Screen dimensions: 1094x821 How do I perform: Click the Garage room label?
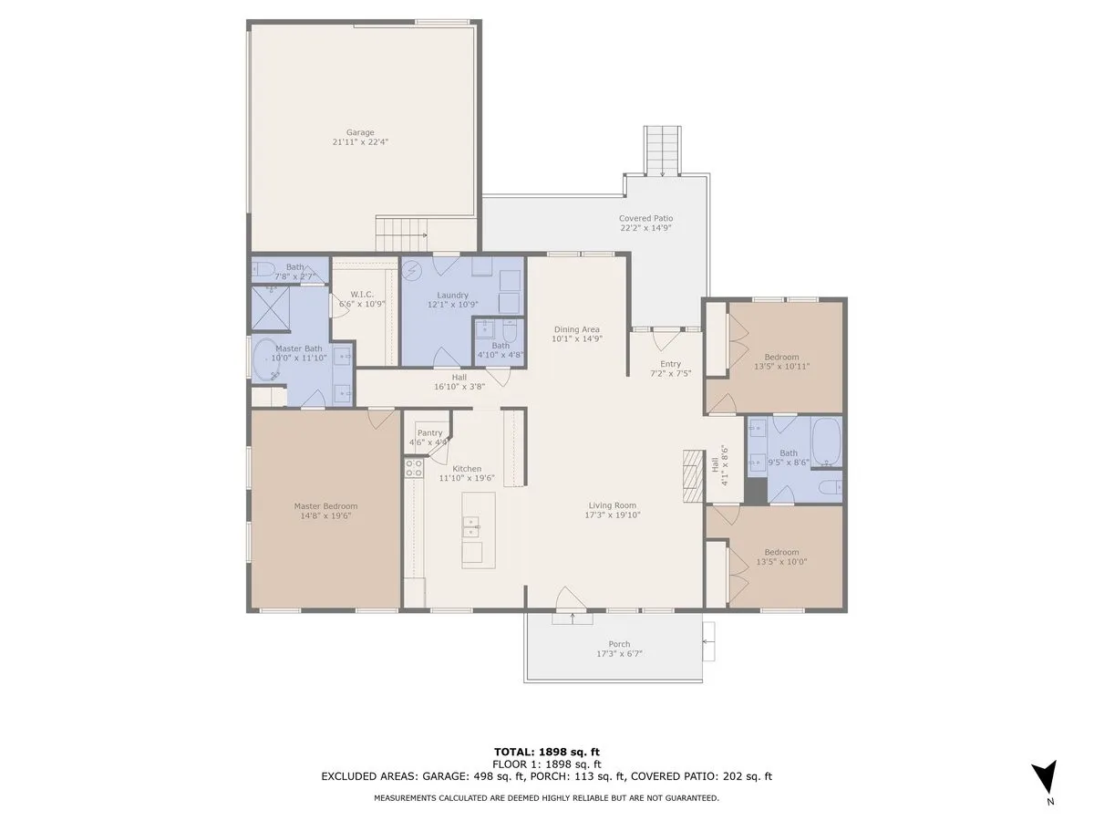click(360, 132)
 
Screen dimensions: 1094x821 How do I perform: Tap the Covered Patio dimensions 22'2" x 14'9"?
click(645, 228)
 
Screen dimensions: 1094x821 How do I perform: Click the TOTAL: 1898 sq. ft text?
click(547, 752)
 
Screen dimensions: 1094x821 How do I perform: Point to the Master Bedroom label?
click(325, 506)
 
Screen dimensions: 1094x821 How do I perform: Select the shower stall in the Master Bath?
click(271, 308)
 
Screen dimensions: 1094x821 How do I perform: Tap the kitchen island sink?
click(471, 527)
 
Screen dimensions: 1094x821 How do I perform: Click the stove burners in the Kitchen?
click(414, 469)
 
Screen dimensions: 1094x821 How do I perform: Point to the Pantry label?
click(429, 433)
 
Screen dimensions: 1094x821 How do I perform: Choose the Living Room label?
click(612, 505)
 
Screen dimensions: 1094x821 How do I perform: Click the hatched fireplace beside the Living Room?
click(693, 475)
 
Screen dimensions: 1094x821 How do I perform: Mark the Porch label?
click(619, 644)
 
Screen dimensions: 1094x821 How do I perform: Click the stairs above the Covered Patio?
click(662, 151)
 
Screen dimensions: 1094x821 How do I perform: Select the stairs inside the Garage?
click(402, 234)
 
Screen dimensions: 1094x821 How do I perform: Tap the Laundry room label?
click(452, 295)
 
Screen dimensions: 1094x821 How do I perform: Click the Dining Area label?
click(577, 329)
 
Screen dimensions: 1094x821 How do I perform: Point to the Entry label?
click(670, 364)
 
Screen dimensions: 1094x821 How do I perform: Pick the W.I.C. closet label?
click(362, 295)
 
